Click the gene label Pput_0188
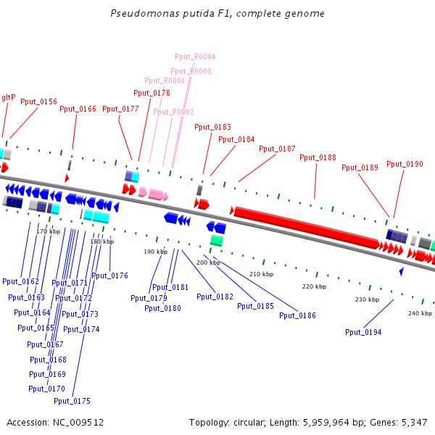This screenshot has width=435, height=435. [x=318, y=157]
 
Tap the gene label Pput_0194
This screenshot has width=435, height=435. [x=363, y=332]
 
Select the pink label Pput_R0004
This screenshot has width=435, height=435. [x=195, y=57]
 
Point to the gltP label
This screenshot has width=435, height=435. [x=8, y=97]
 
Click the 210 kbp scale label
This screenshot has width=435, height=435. [x=261, y=275]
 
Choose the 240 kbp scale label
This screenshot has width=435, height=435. [x=420, y=313]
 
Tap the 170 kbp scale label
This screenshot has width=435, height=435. [x=48, y=231]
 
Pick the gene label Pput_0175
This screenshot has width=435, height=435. [x=72, y=401]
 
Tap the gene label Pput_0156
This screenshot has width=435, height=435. [x=38, y=102]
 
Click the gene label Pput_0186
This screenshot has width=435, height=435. [x=298, y=315]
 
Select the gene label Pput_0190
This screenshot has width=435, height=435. [x=405, y=164]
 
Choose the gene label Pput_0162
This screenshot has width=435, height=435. [x=20, y=281]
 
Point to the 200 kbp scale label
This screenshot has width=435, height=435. [x=208, y=262]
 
